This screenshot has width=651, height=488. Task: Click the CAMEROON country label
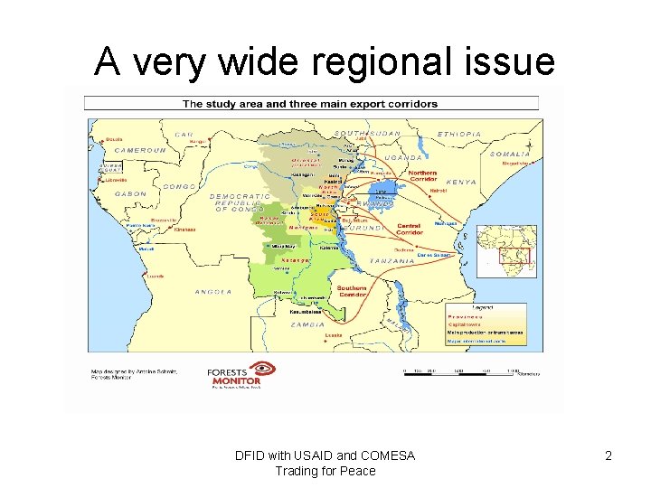point(140,150)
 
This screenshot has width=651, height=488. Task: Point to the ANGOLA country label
point(213,292)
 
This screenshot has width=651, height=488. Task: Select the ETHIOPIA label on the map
point(459,134)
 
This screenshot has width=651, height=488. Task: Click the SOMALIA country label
point(510,154)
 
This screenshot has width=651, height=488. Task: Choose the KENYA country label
point(461,182)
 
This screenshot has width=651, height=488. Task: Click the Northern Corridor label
point(422,176)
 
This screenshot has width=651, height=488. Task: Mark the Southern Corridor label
point(352,292)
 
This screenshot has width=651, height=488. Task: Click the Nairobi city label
point(439,191)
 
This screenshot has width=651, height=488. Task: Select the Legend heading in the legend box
point(481,307)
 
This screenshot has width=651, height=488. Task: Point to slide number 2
point(608,456)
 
